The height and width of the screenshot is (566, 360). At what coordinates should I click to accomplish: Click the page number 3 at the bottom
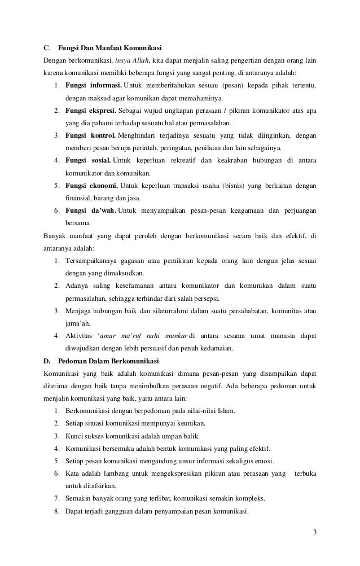click(x=314, y=533)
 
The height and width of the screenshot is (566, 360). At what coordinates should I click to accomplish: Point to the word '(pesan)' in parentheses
click(x=231, y=85)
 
